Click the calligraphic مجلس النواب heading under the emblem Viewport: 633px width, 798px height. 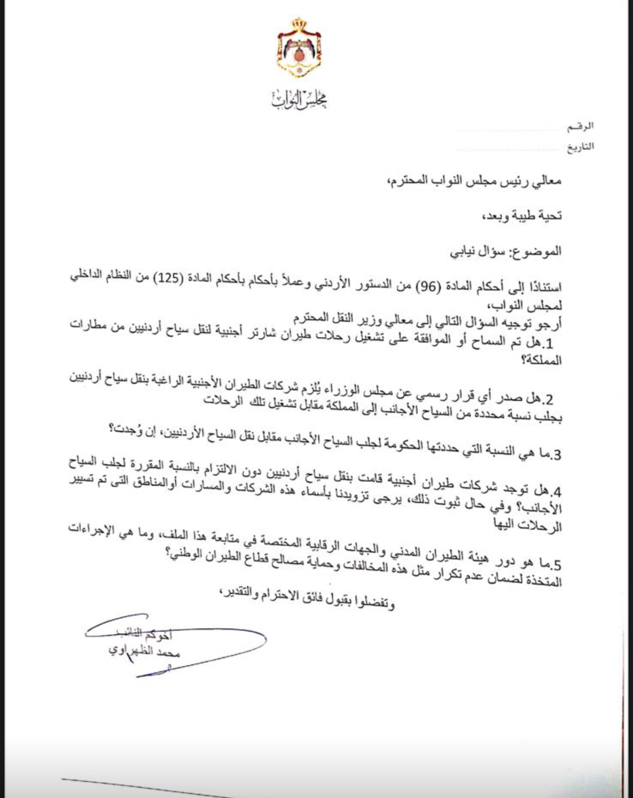pos(299,100)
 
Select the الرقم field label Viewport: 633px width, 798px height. pos(580,127)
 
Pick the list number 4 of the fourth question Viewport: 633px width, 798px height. pos(554,492)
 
